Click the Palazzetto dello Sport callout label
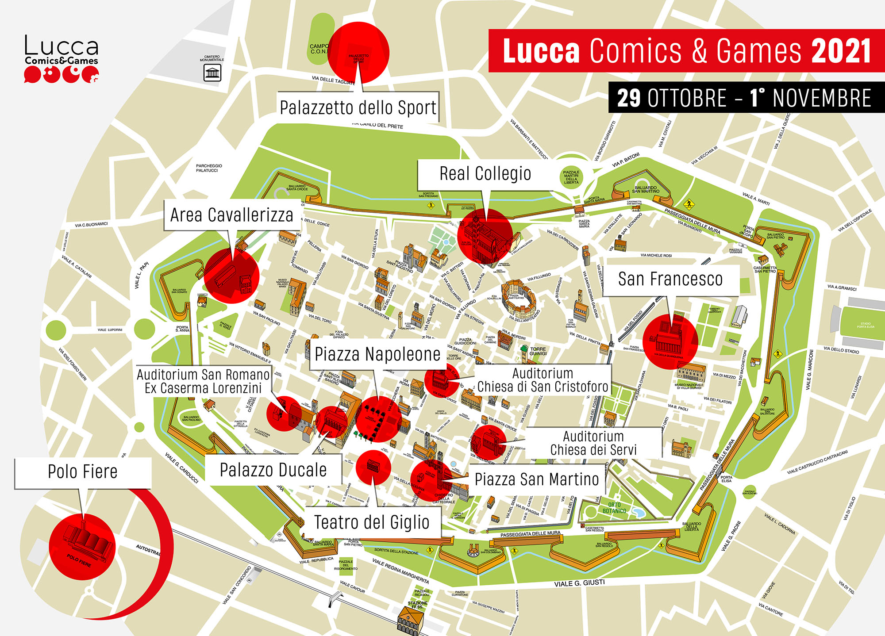[x=358, y=107]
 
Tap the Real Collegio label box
[x=485, y=174]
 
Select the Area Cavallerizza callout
[x=231, y=215]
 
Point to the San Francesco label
[x=670, y=280]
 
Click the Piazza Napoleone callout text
[x=377, y=354]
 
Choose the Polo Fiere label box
[x=83, y=472]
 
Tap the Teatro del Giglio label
[x=372, y=522]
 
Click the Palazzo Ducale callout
[x=273, y=470]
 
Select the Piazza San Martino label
[x=536, y=479]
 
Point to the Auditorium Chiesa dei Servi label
[x=593, y=443]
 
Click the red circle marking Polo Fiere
[x=82, y=547]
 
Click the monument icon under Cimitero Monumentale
[x=212, y=73]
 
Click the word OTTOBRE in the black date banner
[x=687, y=98]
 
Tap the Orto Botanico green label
[x=614, y=508]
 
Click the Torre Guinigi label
[x=538, y=351]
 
